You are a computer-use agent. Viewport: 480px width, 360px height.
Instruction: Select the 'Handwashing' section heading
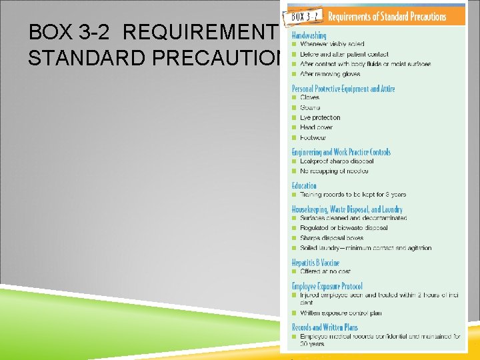309,35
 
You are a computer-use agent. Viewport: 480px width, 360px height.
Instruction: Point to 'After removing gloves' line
330,74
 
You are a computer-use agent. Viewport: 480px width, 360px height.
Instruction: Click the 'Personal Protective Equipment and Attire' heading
343,88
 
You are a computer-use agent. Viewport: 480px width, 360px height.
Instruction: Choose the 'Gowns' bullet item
310,107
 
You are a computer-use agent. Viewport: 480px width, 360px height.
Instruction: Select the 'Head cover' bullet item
316,127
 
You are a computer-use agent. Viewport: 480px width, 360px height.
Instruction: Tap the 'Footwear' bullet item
313,137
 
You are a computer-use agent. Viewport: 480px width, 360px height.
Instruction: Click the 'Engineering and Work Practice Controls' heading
341,152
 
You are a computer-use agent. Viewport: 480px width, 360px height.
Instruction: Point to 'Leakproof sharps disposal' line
337,161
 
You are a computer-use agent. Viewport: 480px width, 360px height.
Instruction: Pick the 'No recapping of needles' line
334,171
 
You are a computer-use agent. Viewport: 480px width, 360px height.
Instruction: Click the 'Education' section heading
305,185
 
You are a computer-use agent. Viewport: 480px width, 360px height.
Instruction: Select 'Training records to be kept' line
353,195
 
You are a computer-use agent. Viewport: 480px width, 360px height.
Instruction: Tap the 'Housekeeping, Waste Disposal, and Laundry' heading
347,209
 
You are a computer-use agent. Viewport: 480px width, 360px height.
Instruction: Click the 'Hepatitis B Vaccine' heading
315,263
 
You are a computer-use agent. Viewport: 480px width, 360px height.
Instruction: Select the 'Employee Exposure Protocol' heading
327,286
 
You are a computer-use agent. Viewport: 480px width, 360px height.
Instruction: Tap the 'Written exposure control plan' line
341,313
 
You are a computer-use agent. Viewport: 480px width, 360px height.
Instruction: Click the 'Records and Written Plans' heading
325,327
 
